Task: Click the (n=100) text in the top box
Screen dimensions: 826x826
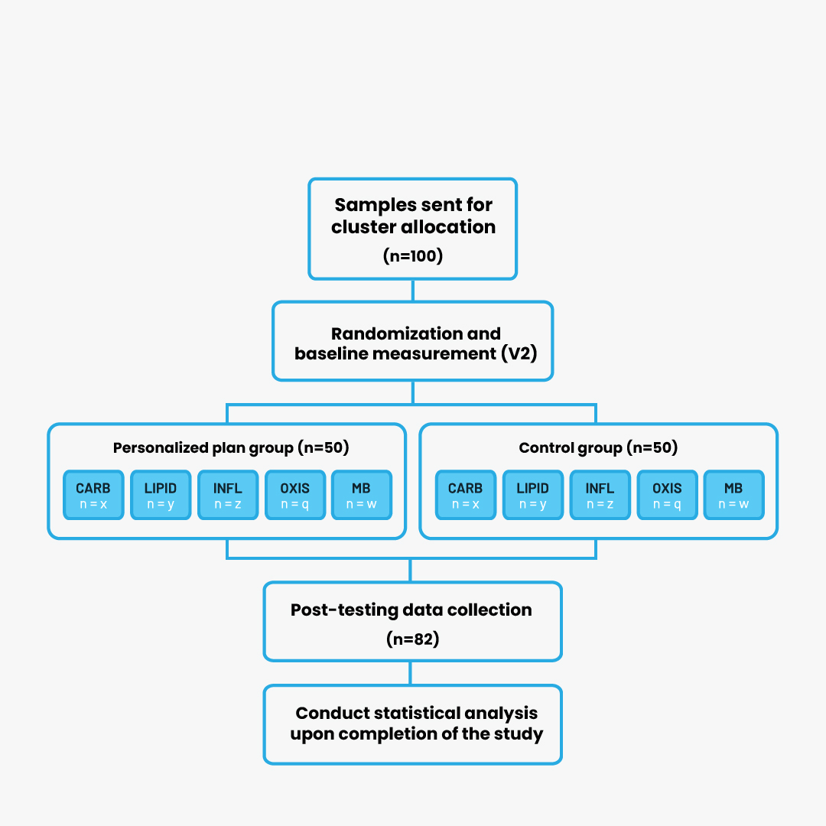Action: pos(412,256)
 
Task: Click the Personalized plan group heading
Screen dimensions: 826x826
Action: pos(231,447)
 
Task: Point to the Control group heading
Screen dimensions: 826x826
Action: pos(598,447)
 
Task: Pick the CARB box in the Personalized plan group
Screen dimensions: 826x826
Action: pos(94,495)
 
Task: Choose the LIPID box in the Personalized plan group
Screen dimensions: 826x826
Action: pos(161,495)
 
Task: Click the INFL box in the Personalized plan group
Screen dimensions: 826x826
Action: pos(228,495)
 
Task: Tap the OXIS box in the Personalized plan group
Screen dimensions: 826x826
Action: pos(295,495)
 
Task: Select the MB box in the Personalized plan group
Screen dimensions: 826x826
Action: pos(361,495)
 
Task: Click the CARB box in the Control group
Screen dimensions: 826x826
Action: pos(466,495)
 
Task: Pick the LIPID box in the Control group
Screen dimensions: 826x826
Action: pos(533,495)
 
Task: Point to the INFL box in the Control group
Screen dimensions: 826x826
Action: pos(600,495)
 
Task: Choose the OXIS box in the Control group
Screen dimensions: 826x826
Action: pos(668,495)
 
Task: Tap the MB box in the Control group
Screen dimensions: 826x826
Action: pos(733,495)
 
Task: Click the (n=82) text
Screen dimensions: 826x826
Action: pos(412,639)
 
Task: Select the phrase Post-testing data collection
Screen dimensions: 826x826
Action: pos(411,610)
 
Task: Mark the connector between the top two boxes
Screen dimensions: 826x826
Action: pos(412,291)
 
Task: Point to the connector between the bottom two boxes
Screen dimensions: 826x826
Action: pos(411,673)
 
